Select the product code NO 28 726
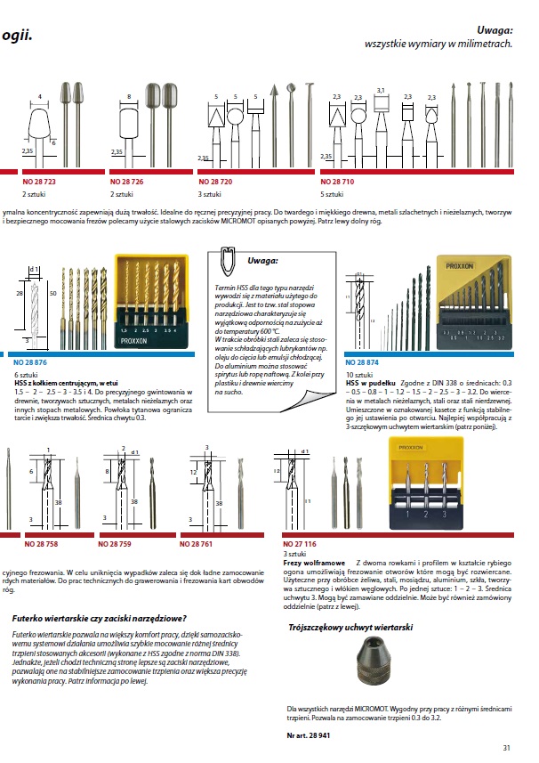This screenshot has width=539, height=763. [x=126, y=182]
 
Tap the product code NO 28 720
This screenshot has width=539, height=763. [x=215, y=182]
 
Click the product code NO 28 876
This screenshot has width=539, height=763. [x=32, y=363]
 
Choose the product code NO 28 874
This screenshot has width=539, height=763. [x=361, y=363]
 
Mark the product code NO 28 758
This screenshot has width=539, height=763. [x=40, y=542]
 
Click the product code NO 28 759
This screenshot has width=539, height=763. [x=114, y=542]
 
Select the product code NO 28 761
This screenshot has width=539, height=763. [x=197, y=542]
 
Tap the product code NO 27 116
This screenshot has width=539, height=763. [x=300, y=542]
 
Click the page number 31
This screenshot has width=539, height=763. [x=506, y=749]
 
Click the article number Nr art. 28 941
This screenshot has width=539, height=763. [x=308, y=736]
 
